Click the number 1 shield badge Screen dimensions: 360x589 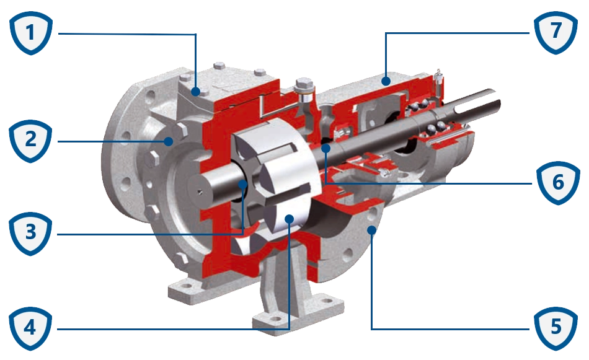30,32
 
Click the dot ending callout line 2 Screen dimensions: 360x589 167,141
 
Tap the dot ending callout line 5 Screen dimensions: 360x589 371,230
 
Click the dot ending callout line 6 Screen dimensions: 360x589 325,148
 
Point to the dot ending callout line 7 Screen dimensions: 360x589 384,81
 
